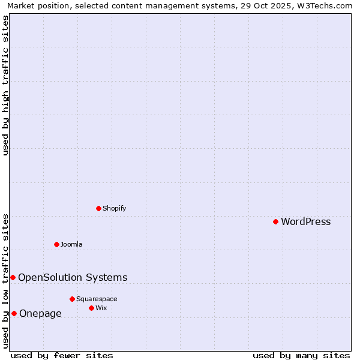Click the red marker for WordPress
(x=275, y=221)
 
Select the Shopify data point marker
(x=98, y=208)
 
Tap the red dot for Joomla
(x=56, y=244)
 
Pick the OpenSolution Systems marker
(x=13, y=277)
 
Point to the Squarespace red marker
(x=72, y=299)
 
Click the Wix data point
(x=91, y=308)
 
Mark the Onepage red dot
(x=14, y=313)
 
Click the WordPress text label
(x=305, y=221)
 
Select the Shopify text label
(x=114, y=208)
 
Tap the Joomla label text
(x=71, y=244)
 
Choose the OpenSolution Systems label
(x=73, y=277)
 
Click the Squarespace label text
(x=97, y=299)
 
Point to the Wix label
(x=101, y=308)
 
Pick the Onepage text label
(x=40, y=313)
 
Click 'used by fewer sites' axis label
(x=62, y=355)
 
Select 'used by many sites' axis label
(x=301, y=355)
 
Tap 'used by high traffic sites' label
(x=5, y=85)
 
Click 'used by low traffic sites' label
(x=5, y=280)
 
